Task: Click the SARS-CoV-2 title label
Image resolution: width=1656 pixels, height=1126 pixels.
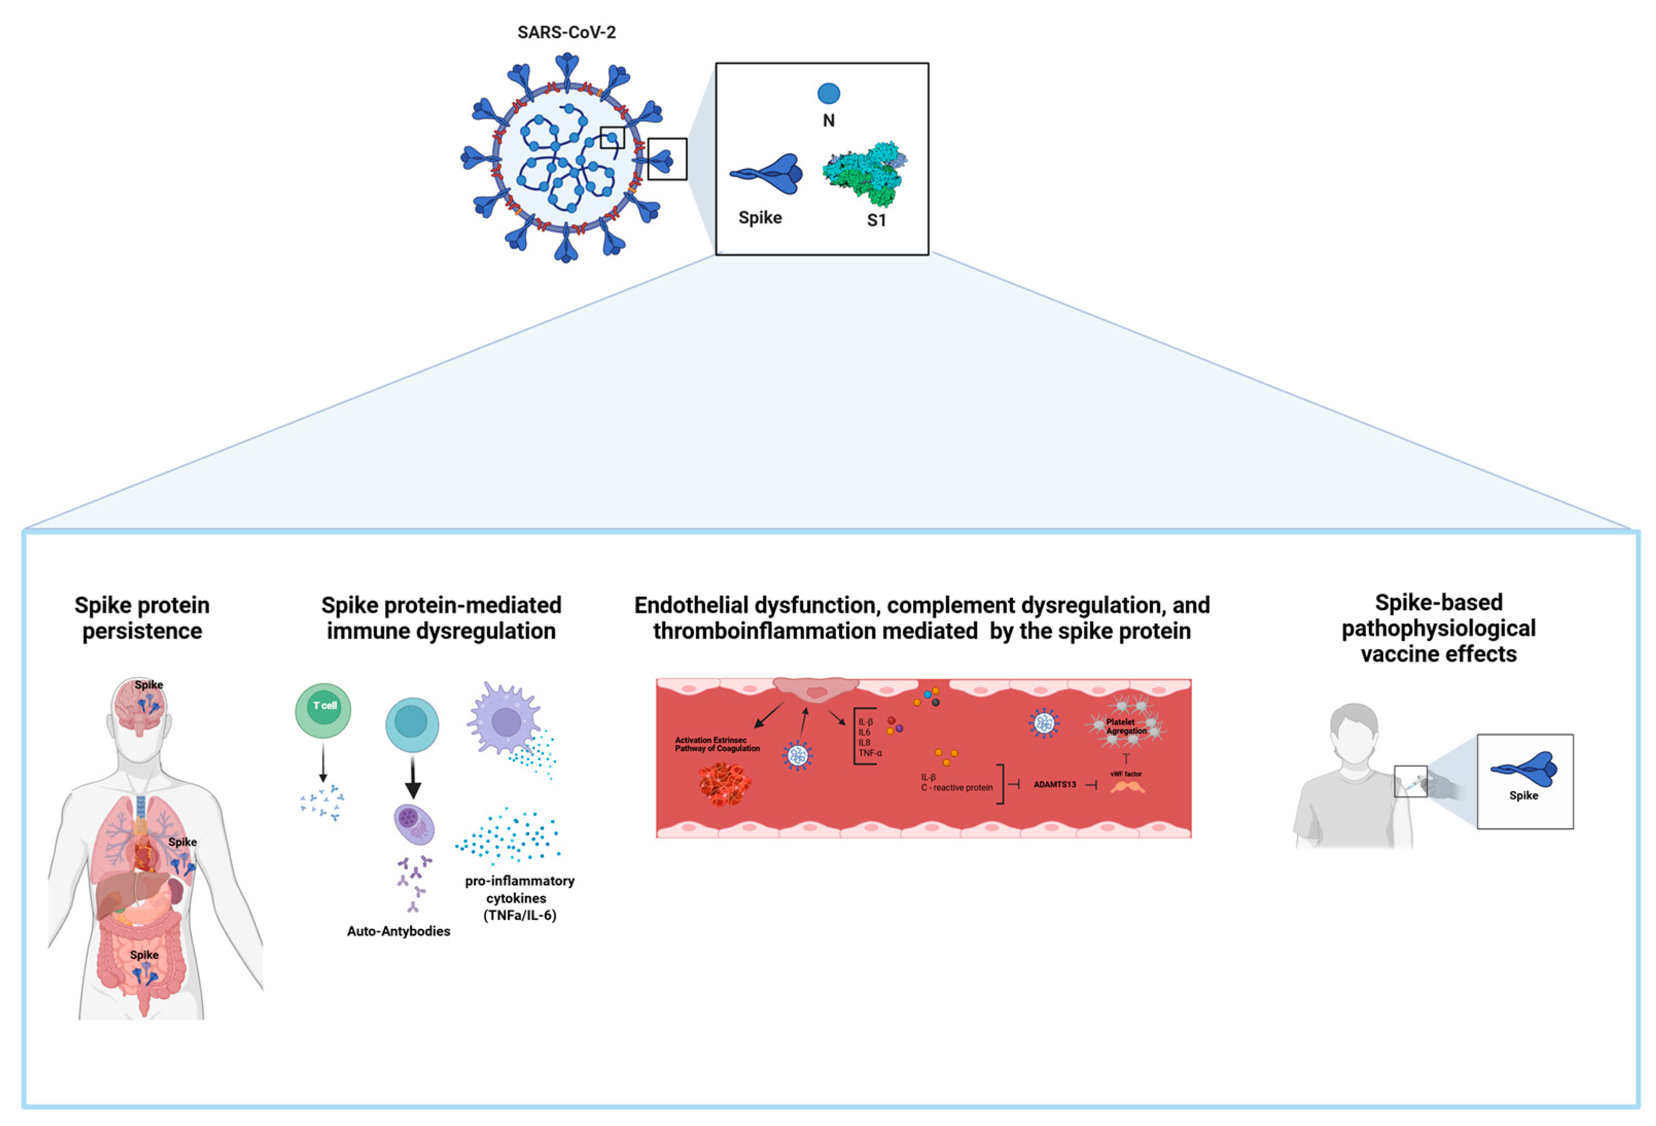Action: point(566,32)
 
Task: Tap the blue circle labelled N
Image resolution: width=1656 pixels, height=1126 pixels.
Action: point(828,93)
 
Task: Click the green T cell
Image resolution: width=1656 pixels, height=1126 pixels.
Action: point(323,710)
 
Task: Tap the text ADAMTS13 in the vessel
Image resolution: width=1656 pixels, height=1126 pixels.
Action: point(1055,784)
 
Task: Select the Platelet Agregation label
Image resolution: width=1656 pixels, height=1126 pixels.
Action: point(1126,726)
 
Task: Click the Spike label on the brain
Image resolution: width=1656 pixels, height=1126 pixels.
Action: point(149,684)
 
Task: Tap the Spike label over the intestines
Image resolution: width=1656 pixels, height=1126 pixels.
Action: point(144,954)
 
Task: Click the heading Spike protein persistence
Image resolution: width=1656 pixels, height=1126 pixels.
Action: point(142,618)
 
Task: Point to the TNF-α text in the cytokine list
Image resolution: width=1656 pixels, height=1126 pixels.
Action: point(870,753)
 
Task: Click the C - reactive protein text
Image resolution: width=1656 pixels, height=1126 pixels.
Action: point(956,788)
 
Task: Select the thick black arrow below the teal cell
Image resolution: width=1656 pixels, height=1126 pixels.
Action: point(413,778)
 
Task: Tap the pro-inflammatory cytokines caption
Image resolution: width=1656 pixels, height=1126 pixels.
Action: point(520,897)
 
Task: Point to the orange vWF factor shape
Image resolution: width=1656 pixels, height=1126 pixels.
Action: point(1127,787)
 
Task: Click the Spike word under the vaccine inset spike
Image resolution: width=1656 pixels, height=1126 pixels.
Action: point(1523,795)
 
